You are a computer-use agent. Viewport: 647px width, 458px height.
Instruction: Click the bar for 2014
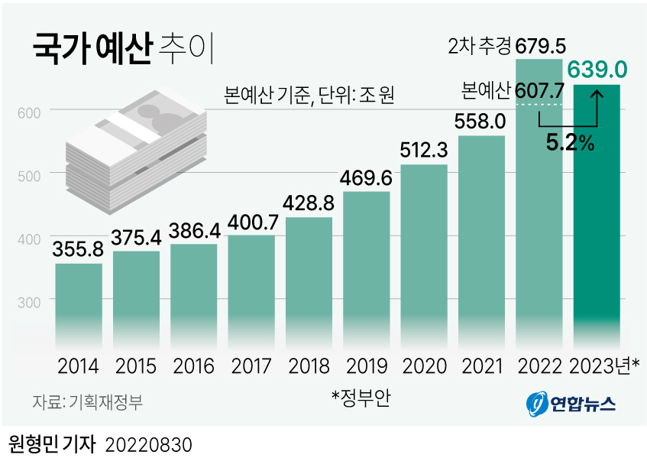point(79,302)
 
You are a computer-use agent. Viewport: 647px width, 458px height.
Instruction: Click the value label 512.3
point(424,151)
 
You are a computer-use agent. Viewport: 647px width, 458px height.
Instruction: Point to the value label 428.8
point(309,204)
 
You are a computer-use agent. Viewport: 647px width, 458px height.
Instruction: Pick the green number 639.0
point(597,70)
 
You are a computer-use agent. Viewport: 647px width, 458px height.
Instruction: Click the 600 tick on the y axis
point(27,112)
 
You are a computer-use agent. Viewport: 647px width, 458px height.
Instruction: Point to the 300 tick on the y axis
point(27,303)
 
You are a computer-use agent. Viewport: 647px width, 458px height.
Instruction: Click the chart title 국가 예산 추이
point(123,47)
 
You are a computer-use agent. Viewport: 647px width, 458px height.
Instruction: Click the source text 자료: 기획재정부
point(87,401)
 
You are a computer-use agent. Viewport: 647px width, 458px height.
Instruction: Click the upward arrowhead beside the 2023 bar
point(597,92)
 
